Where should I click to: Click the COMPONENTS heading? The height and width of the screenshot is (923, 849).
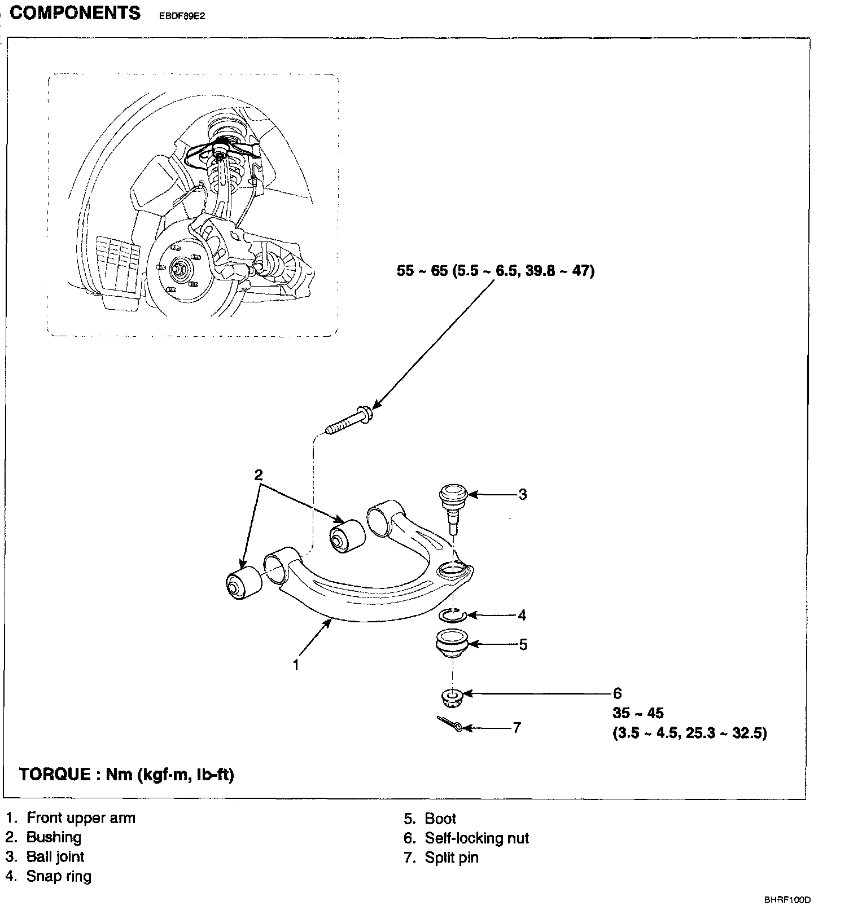(x=75, y=13)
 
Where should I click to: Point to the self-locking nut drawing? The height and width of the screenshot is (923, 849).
(x=452, y=698)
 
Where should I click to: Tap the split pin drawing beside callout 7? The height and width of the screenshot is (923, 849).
(x=450, y=724)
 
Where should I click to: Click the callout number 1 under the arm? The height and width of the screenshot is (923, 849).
(x=295, y=665)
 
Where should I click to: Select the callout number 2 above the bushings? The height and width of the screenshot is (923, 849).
(x=259, y=474)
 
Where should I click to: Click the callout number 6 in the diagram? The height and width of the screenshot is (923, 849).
(x=618, y=693)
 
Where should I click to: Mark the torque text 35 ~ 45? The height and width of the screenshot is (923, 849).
(x=638, y=713)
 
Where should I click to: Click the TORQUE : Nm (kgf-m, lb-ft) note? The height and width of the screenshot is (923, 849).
(x=126, y=774)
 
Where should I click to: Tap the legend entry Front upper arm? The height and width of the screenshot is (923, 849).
(x=81, y=818)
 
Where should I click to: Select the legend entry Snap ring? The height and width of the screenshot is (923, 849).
(x=59, y=876)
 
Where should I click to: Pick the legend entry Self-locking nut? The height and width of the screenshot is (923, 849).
(x=476, y=838)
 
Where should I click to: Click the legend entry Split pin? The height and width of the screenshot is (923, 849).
(x=451, y=858)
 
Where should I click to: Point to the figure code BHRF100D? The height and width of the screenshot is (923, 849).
(x=787, y=900)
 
